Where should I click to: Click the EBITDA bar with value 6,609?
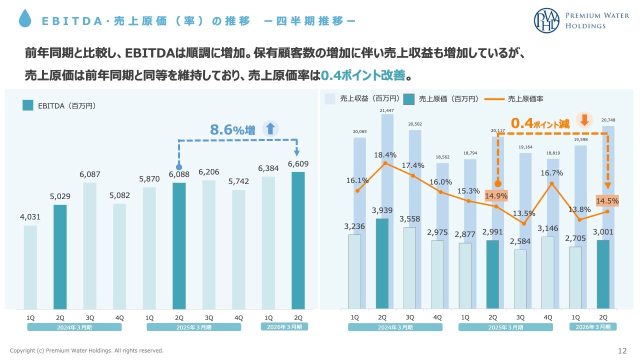click(x=298, y=240)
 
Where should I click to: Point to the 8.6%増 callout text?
click(x=232, y=130)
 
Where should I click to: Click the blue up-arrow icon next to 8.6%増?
click(x=270, y=129)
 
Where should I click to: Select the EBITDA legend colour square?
click(x=27, y=105)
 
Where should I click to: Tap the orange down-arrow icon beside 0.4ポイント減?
click(x=584, y=120)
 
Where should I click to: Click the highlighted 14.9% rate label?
click(x=496, y=195)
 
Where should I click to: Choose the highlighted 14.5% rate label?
click(x=607, y=201)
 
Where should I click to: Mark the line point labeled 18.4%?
click(x=385, y=163)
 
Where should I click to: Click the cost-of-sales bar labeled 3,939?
click(x=382, y=263)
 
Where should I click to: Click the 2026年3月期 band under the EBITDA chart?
click(x=284, y=327)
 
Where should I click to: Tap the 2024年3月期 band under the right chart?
click(x=395, y=327)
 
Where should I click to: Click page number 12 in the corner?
click(x=622, y=350)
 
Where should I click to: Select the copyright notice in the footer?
click(x=86, y=351)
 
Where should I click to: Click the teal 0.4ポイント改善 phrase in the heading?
click(x=362, y=76)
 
